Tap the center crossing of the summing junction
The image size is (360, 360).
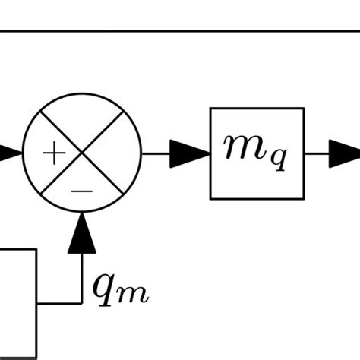point(83,154)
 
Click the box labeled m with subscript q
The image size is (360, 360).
point(257,153)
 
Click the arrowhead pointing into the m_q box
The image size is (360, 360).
point(194,154)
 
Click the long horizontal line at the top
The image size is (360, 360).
point(180,32)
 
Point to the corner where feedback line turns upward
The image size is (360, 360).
point(82,302)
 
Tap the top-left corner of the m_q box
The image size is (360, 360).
point(211,109)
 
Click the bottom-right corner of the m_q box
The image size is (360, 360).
point(305,198)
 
